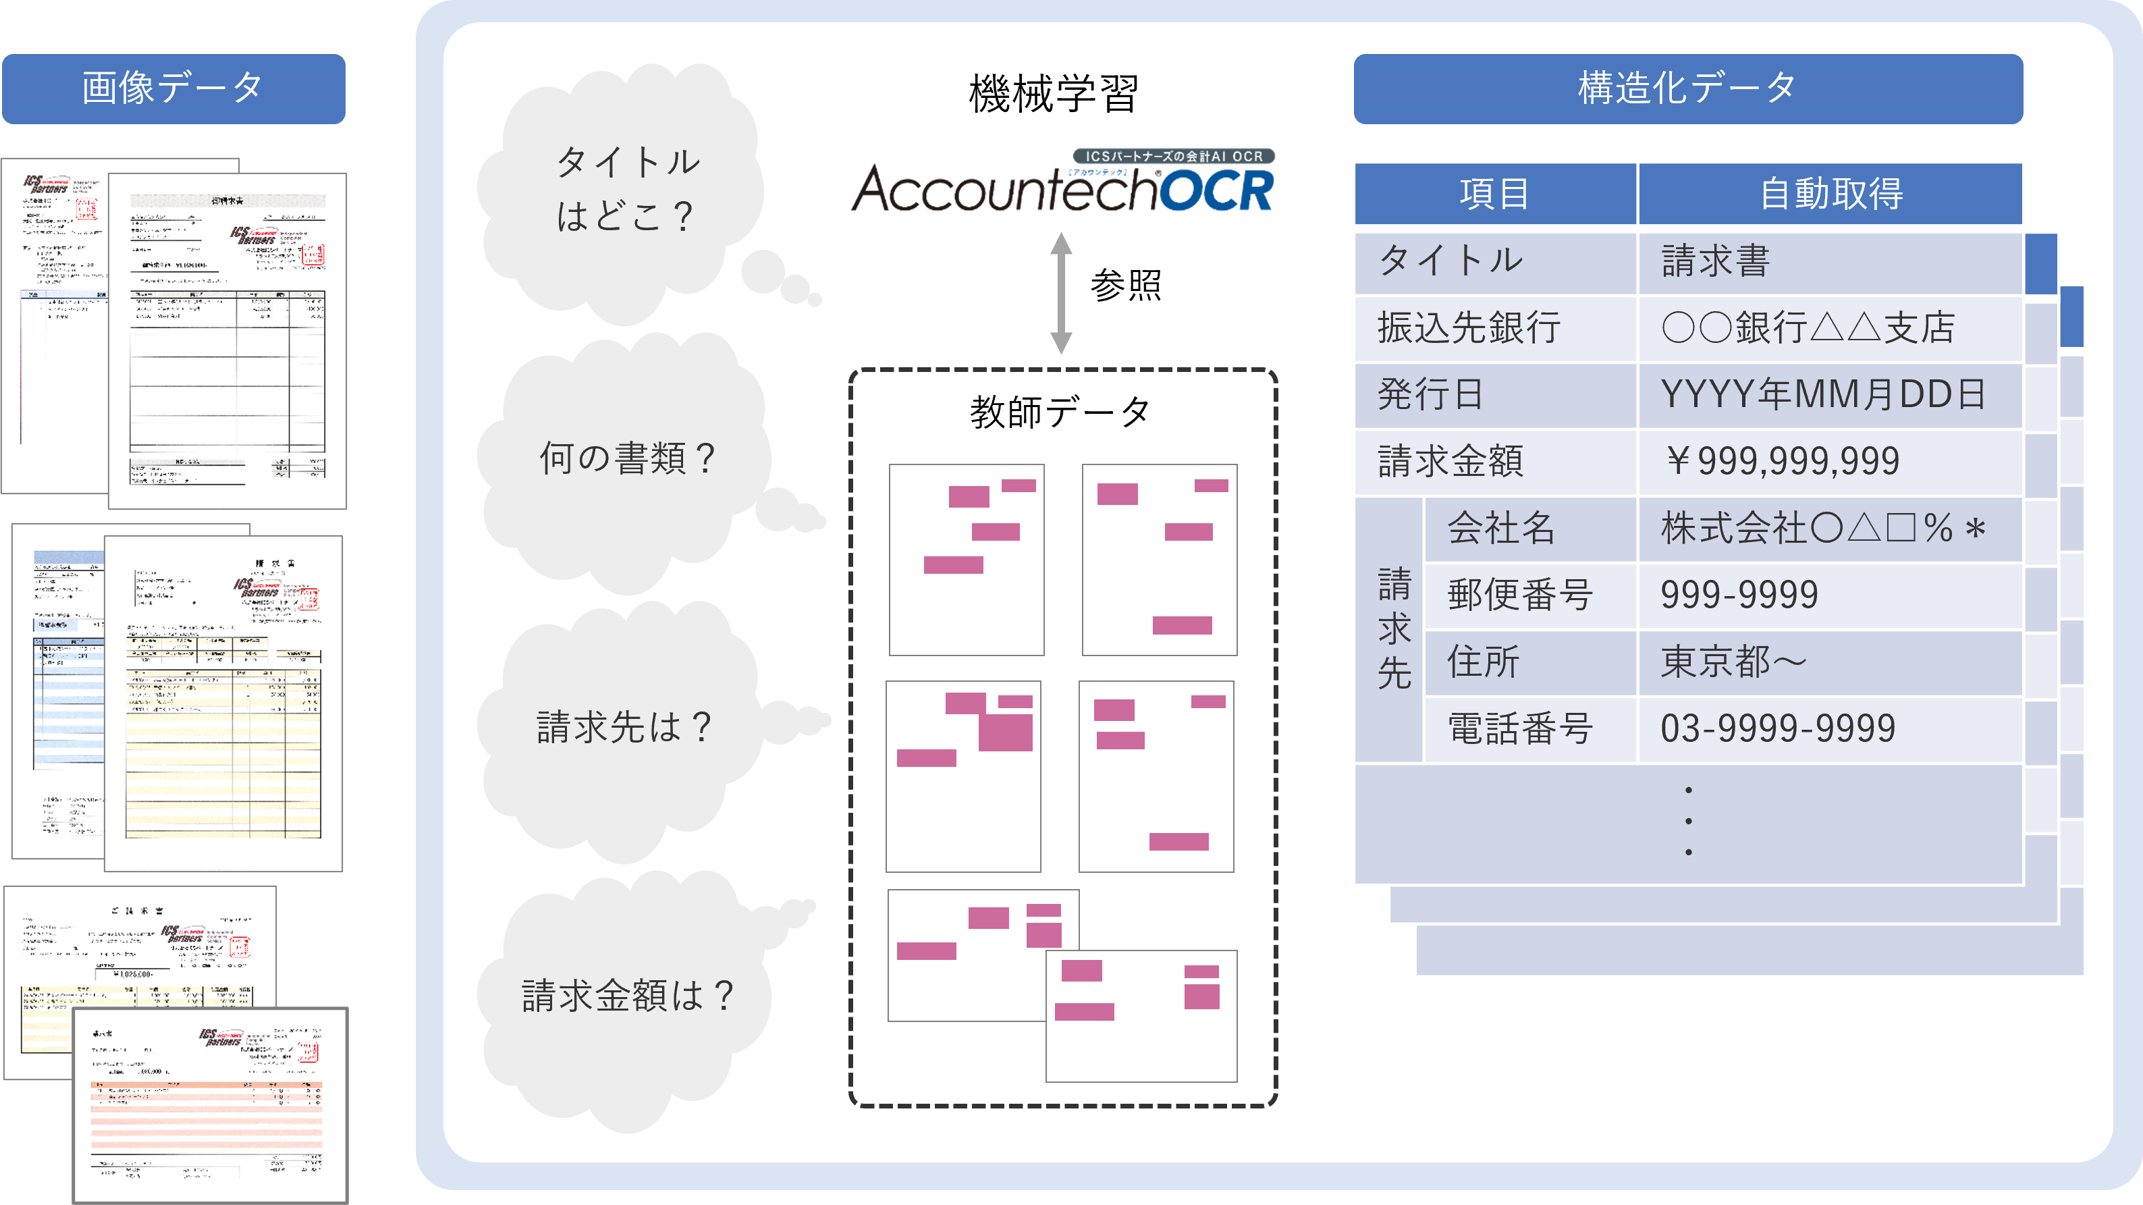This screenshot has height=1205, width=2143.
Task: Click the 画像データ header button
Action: (x=173, y=89)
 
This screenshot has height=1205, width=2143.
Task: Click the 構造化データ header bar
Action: (x=1687, y=89)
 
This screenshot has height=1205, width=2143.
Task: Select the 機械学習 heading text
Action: (x=1053, y=93)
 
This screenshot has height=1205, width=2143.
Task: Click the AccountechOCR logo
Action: (x=1062, y=183)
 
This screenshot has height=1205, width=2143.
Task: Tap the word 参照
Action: (x=1126, y=286)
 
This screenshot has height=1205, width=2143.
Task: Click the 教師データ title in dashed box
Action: (x=1060, y=412)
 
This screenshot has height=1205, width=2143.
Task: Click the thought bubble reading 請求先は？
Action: (x=624, y=727)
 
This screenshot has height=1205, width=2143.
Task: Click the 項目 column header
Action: (x=1495, y=194)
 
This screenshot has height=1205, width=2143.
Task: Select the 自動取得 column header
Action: (x=1830, y=194)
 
